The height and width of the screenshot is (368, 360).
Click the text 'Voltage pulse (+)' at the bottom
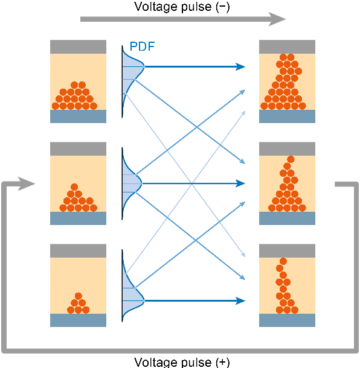pyautogui.click(x=182, y=362)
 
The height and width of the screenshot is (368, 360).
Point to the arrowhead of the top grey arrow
pyautogui.click(x=277, y=19)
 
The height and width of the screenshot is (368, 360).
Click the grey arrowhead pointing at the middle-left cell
pyautogui.click(x=27, y=183)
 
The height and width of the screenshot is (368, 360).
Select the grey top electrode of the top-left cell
pyautogui.click(x=78, y=46)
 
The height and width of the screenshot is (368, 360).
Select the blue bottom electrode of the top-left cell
pyautogui.click(x=78, y=116)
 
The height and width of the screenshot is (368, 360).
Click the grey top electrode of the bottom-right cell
pyautogui.click(x=287, y=251)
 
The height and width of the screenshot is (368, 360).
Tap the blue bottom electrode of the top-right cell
pyautogui.click(x=287, y=116)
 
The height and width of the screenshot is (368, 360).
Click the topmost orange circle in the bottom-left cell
pyautogui.click(x=79, y=296)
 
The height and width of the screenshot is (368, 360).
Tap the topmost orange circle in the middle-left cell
pyautogui.click(x=74, y=187)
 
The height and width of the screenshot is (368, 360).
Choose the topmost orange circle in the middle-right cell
pyautogui.click(x=287, y=159)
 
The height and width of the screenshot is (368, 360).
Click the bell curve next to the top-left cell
pyautogui.click(x=133, y=69)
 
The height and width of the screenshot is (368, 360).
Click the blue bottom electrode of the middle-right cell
pyautogui.click(x=287, y=218)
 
